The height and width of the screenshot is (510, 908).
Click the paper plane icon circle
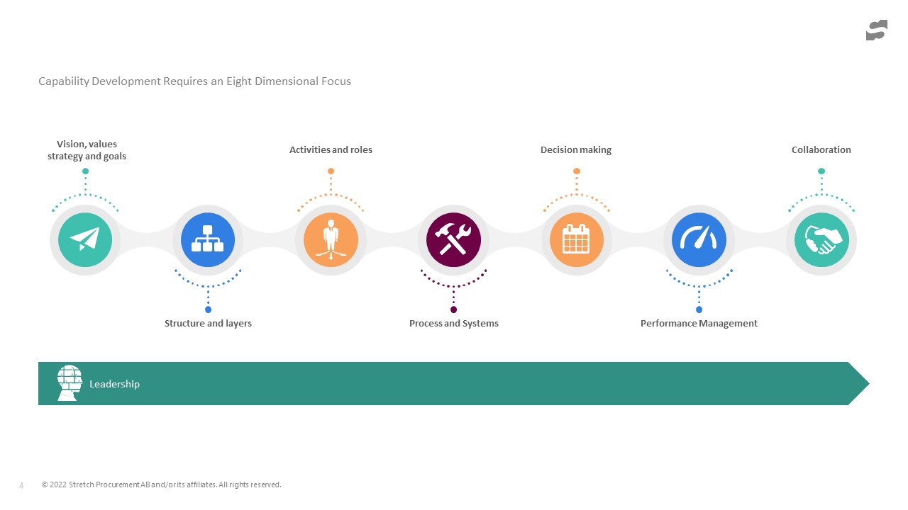(85, 239)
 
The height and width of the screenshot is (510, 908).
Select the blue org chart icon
(208, 239)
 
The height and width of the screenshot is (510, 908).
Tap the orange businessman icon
(331, 239)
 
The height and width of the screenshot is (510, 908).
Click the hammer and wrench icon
(453, 239)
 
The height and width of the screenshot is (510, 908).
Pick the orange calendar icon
(577, 239)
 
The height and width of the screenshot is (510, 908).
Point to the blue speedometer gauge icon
(699, 239)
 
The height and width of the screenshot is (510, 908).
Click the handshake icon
(821, 239)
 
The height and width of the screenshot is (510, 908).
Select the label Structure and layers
(208, 324)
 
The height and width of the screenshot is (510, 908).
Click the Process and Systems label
(453, 324)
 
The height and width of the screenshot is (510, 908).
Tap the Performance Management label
(699, 324)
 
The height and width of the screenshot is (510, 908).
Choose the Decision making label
(576, 149)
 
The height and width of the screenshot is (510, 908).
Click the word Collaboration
(821, 149)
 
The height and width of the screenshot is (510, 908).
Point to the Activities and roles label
(331, 149)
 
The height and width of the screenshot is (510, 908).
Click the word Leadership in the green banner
(114, 384)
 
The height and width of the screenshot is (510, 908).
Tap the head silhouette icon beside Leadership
(70, 383)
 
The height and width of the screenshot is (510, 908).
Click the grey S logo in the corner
(877, 30)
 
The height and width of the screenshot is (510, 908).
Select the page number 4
(21, 485)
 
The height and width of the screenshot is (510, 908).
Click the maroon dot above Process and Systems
(453, 310)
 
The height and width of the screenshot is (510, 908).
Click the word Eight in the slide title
(239, 81)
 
